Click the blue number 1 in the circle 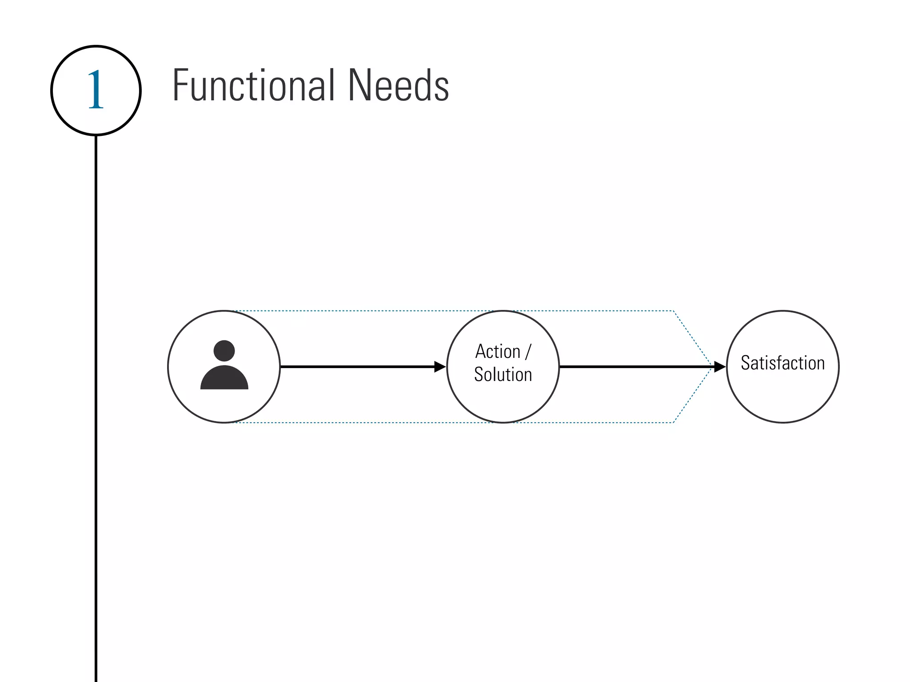[96, 91]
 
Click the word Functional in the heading [253, 85]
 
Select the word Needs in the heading [399, 85]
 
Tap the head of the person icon [224, 351]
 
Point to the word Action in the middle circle [498, 352]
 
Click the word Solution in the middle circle [503, 374]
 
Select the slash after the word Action [528, 352]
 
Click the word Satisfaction [782, 363]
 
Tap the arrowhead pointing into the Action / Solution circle [439, 367]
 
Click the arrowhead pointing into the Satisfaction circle [719, 367]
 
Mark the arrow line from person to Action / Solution [355, 367]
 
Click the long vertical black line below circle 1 [96, 400]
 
